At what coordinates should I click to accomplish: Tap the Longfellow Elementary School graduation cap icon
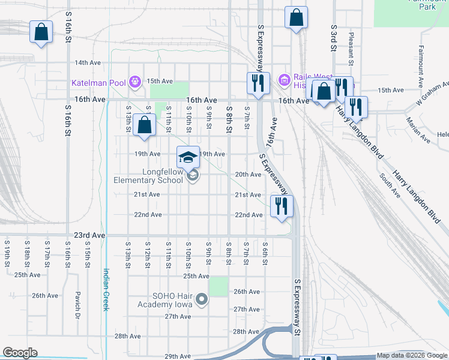coord(188,157)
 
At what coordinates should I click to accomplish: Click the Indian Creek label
coord(106,289)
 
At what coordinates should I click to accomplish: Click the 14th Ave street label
coord(87,62)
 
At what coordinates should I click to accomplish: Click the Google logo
coord(20,353)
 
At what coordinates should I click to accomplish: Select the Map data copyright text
coord(412,356)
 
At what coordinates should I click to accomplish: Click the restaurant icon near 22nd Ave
coord(282,206)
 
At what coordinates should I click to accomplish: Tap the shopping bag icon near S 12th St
coord(144,125)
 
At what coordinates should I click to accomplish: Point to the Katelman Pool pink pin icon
coord(136,81)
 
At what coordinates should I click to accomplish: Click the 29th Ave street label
coord(177,356)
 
